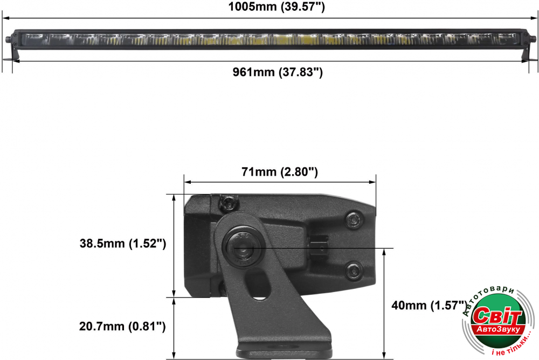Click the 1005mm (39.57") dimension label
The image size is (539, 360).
[277, 6]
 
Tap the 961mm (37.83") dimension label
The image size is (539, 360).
[278, 72]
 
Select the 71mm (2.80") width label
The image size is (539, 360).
[279, 171]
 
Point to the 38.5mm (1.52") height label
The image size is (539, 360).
[123, 244]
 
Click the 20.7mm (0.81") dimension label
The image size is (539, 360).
[122, 326]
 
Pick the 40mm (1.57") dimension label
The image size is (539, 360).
[430, 305]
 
